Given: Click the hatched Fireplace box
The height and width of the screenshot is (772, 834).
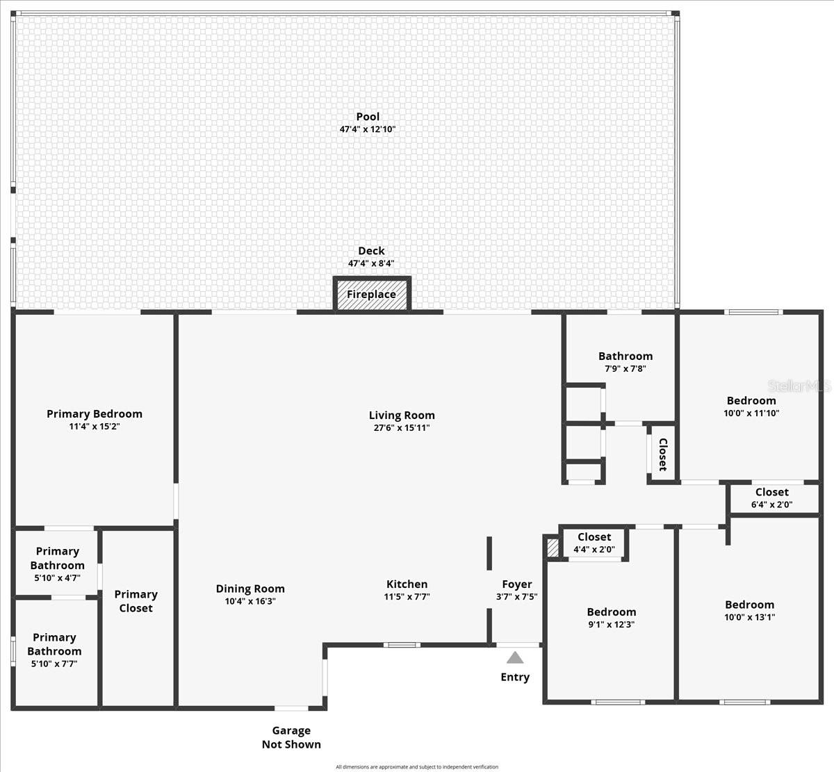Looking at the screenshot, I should [372, 294].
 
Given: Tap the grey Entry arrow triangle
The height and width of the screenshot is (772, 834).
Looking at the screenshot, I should [515, 657].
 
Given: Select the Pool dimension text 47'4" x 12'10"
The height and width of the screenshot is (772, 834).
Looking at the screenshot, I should [368, 129].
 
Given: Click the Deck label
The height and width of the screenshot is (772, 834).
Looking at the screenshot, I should [371, 251].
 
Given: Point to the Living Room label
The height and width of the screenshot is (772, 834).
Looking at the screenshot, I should [402, 416].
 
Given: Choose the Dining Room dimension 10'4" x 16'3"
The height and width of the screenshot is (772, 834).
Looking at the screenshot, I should [250, 601].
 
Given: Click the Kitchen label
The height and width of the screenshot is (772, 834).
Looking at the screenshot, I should [407, 584].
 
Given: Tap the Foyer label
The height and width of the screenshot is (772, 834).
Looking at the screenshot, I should [517, 584].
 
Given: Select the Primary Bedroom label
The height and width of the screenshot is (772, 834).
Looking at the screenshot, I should [95, 414].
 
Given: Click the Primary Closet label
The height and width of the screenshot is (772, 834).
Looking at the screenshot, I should [136, 601].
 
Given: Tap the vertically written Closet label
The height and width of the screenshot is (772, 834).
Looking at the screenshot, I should [663, 454].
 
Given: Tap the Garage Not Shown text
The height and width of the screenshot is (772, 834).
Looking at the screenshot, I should [291, 737].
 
